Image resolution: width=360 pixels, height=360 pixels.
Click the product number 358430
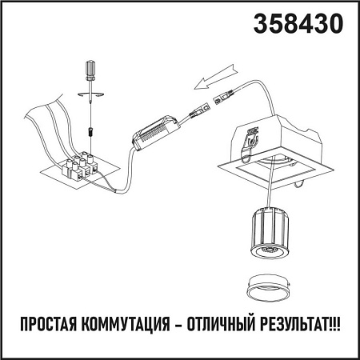click(x=298, y=25)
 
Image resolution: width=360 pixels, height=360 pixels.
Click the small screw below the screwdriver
click(x=90, y=127)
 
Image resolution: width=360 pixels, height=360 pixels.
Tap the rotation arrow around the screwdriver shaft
click(x=90, y=95)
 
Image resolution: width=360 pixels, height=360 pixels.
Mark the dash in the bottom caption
click(x=177, y=326)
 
